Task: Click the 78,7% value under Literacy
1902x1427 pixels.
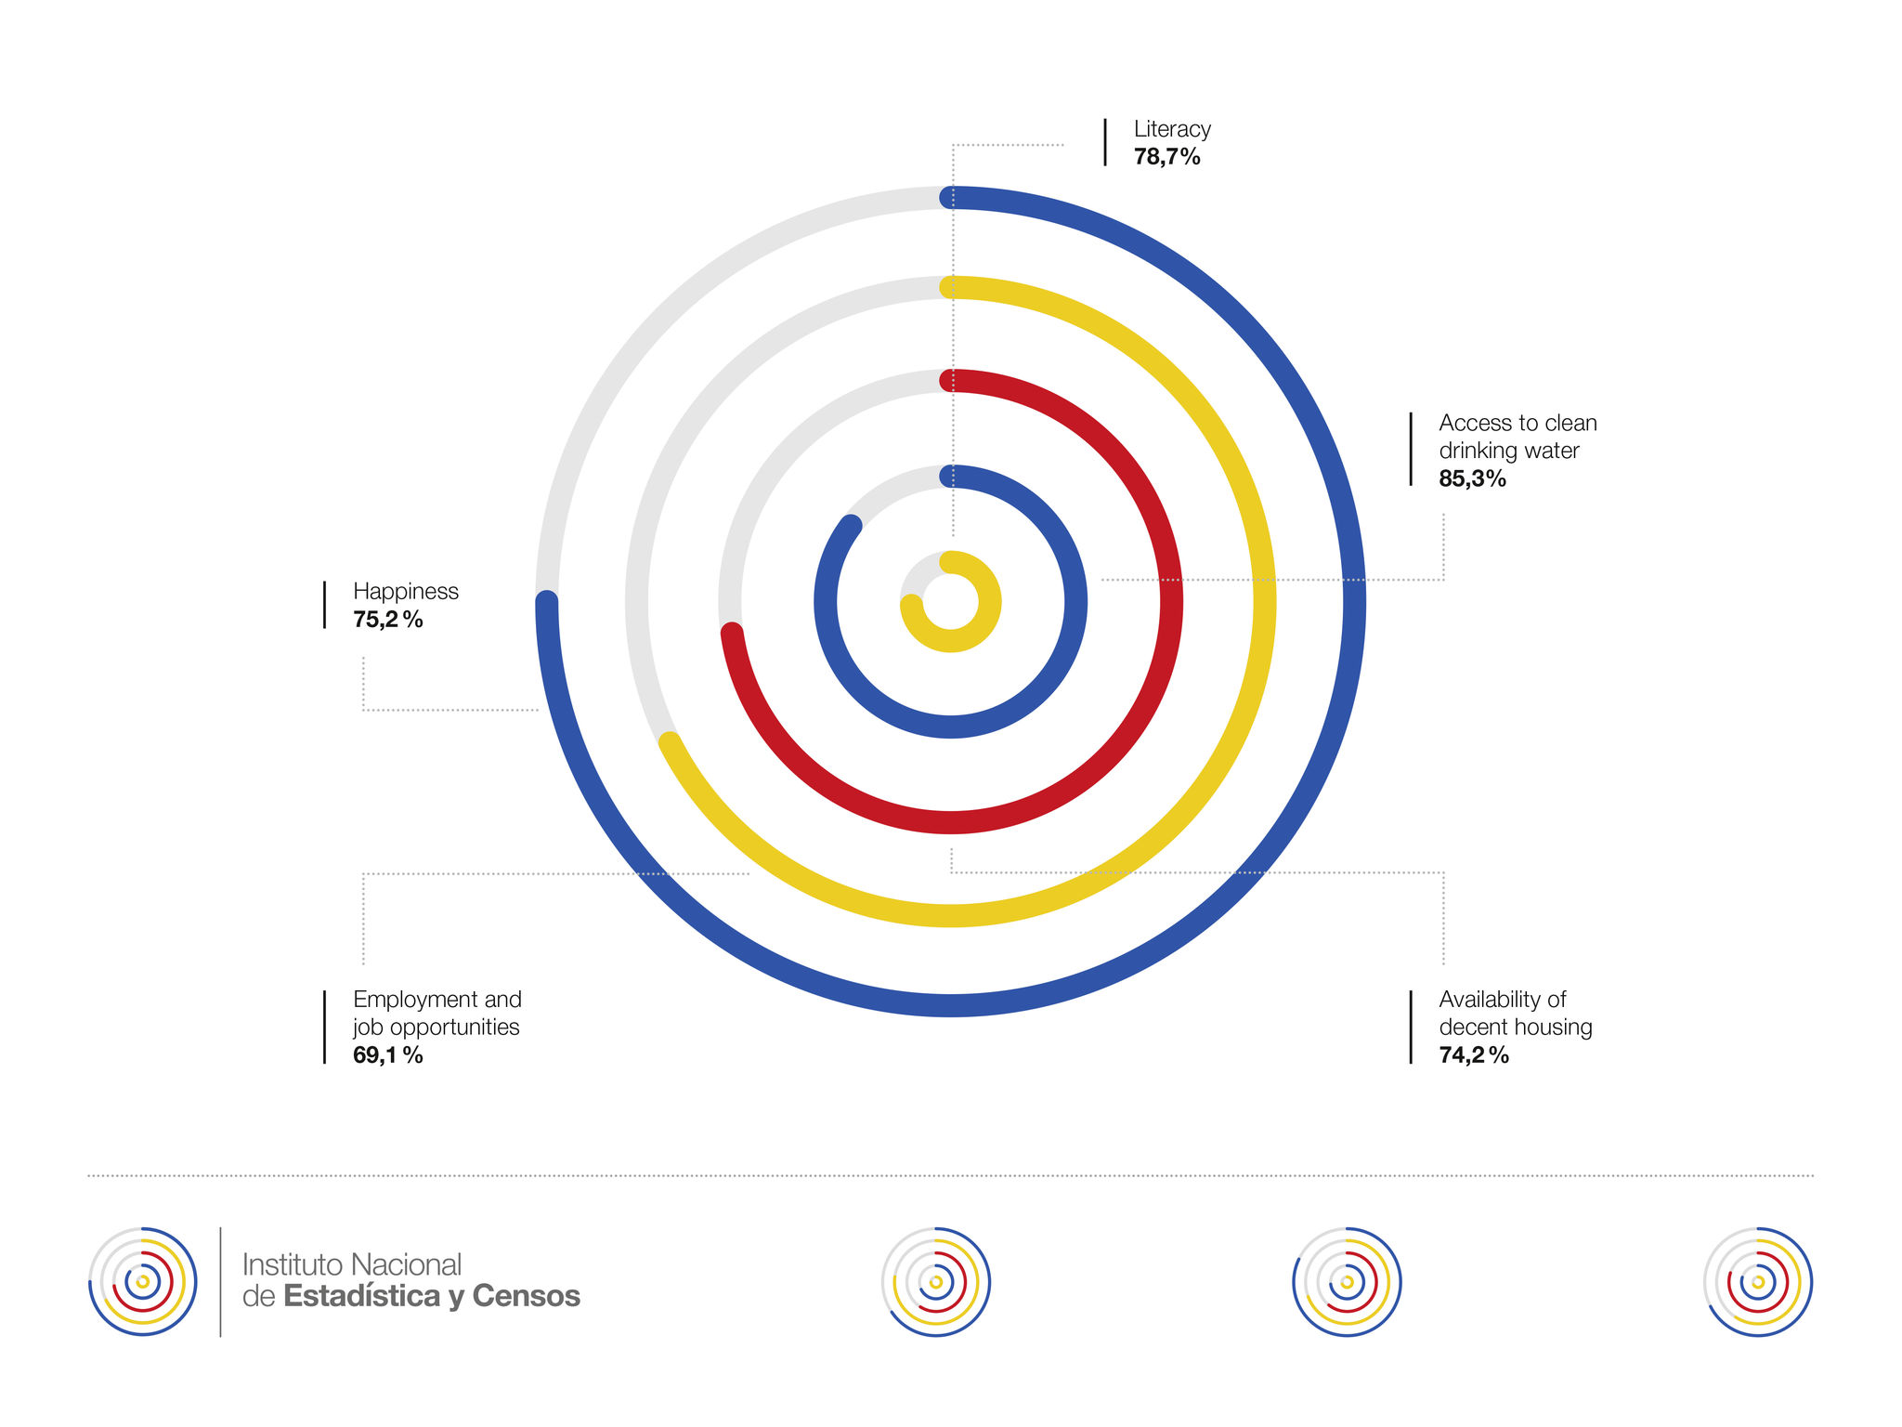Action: click(1166, 157)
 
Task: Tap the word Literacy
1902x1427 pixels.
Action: click(1172, 129)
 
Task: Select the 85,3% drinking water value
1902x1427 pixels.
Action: click(1472, 478)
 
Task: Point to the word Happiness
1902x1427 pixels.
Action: click(406, 592)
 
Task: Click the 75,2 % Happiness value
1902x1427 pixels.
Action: click(387, 620)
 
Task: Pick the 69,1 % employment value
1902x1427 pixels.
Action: click(387, 1055)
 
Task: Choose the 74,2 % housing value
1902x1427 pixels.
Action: click(1473, 1055)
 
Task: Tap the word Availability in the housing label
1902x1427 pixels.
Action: click(1492, 1000)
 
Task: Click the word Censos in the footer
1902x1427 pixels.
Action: click(527, 1296)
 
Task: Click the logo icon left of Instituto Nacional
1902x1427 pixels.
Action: click(142, 1282)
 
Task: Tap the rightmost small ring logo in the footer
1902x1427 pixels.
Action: click(1758, 1282)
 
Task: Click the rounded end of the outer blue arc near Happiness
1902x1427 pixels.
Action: click(547, 602)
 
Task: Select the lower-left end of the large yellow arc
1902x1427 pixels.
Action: click(669, 742)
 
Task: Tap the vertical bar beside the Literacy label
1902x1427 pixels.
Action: click(1105, 142)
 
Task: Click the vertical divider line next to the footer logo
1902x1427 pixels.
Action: click(220, 1282)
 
